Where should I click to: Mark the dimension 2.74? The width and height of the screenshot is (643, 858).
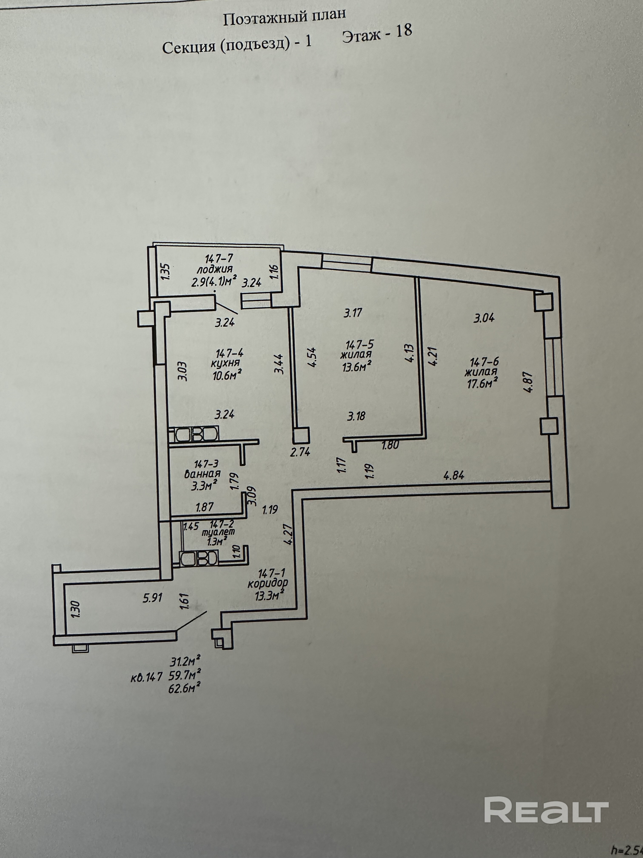tap(300, 451)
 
